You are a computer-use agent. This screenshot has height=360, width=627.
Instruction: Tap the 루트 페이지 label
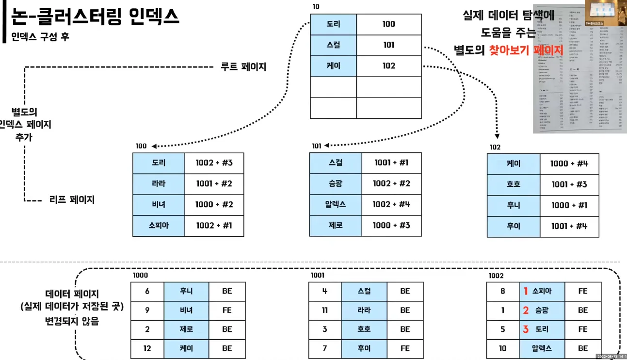243,67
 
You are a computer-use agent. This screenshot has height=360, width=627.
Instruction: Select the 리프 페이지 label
72,199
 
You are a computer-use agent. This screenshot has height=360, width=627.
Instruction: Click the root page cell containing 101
388,45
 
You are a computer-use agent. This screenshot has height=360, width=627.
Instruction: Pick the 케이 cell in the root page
333,66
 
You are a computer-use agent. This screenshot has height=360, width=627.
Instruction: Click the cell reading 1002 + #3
214,163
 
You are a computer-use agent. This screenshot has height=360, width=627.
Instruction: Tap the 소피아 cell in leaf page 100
159,226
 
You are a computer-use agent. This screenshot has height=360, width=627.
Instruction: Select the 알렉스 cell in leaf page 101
335,204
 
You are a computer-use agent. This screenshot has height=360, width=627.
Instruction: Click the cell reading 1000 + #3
391,225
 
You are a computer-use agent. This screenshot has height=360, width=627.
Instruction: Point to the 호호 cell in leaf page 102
513,184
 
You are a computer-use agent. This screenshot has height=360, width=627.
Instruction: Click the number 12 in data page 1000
147,348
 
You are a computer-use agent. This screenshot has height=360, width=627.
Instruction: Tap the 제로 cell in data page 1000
186,329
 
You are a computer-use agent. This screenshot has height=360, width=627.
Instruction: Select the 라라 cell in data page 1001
364,310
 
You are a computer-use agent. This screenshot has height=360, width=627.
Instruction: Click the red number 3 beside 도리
526,329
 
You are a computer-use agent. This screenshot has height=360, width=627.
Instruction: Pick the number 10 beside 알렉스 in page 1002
502,348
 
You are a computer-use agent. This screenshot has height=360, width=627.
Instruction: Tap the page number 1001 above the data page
318,276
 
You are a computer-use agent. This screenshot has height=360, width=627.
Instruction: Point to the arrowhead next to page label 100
154,146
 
